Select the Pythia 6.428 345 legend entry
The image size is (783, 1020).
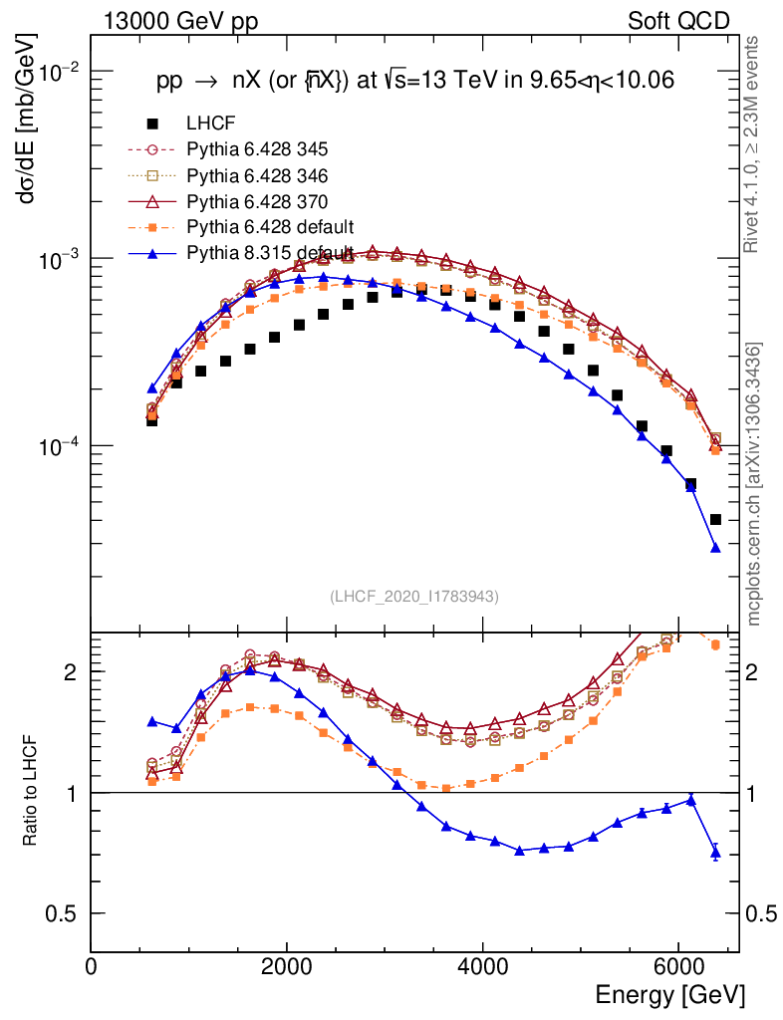pyautogui.click(x=257, y=149)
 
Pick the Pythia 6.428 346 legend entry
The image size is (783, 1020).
pyautogui.click(x=257, y=175)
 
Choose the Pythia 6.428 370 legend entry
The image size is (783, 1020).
pyautogui.click(x=257, y=201)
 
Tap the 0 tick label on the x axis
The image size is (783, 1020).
pyautogui.click(x=92, y=967)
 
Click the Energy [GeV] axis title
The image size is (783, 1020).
pyautogui.click(x=669, y=995)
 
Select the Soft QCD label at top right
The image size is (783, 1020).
pyautogui.click(x=678, y=21)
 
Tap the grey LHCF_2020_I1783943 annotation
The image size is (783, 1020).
pyautogui.click(x=413, y=596)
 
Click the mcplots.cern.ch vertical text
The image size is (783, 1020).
pyautogui.click(x=754, y=484)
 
